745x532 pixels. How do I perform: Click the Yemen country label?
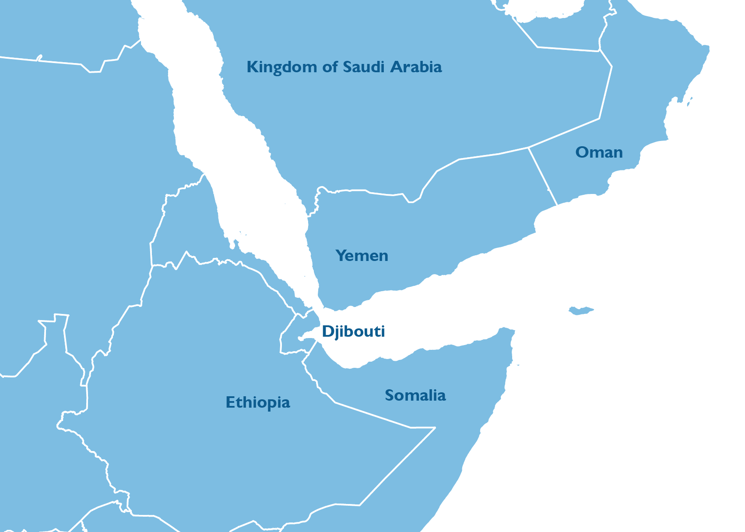(362, 256)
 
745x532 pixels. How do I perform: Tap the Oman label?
(599, 152)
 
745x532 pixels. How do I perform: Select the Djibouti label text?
(353, 331)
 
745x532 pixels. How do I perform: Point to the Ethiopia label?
(258, 402)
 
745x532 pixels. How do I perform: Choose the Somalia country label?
(415, 395)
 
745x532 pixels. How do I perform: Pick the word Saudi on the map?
(364, 67)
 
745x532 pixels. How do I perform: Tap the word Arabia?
(416, 67)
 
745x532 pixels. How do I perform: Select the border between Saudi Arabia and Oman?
(606, 92)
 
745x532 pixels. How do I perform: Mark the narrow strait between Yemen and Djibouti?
(319, 307)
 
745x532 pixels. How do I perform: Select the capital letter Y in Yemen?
(340, 255)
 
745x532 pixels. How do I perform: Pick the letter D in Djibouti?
(327, 331)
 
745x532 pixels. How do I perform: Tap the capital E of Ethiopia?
(230, 402)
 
